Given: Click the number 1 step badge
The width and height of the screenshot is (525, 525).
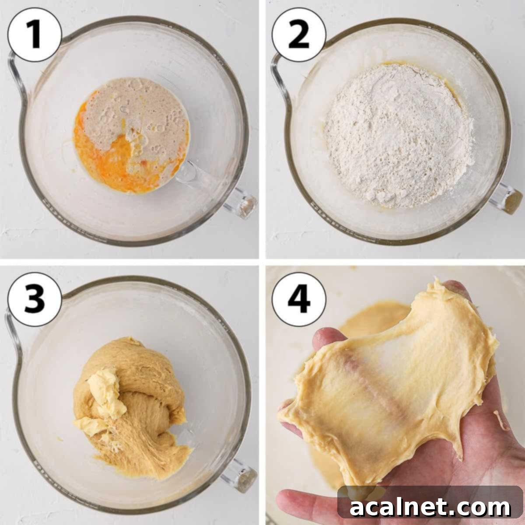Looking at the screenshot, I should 34,35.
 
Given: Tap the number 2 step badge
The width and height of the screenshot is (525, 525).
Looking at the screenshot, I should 299,35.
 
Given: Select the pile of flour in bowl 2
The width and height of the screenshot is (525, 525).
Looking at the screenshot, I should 398,136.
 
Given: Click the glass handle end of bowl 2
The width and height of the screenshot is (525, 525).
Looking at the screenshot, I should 507,199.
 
